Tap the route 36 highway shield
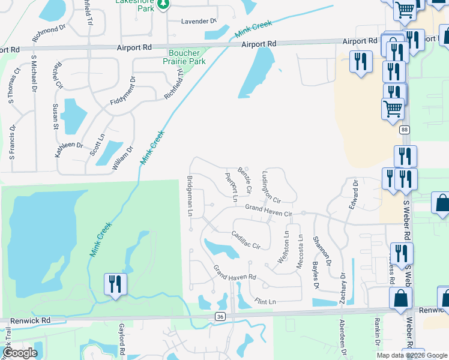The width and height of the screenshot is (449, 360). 220,316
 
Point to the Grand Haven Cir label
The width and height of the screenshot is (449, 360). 268,210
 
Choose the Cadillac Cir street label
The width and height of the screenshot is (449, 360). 246,241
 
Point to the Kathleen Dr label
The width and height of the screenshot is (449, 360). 70,145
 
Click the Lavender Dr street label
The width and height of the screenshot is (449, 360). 199,22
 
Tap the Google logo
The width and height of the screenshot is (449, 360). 20,353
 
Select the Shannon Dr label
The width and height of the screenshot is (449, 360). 320,251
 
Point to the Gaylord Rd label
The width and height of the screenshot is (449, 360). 121,340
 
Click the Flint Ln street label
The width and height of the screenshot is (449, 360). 265,301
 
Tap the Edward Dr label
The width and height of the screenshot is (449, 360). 353,194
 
